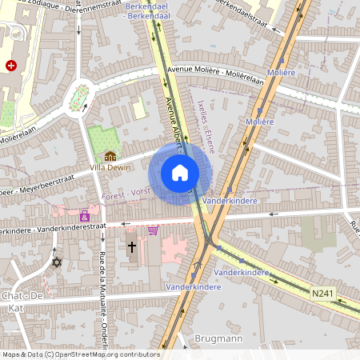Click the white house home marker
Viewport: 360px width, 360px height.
coord(180,173)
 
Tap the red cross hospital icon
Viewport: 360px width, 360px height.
coord(10,66)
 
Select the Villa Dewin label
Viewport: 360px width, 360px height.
coord(110,167)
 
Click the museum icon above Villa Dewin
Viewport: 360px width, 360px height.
coord(110,155)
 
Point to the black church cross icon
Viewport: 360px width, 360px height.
coord(132,249)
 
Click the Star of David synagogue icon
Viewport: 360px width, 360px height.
coord(56,262)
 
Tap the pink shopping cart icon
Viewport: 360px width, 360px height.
coord(153,230)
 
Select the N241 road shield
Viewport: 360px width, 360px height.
coord(322,294)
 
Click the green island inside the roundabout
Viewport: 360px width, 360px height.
coord(78,98)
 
